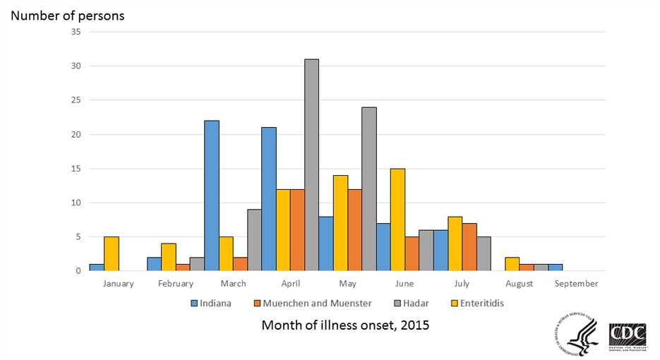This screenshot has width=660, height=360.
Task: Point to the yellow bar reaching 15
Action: point(397,220)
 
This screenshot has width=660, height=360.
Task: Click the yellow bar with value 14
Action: point(340,223)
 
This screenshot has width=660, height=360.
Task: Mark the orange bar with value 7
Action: point(469,247)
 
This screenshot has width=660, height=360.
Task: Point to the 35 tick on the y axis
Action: point(76,32)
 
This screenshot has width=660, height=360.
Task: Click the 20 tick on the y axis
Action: point(76,134)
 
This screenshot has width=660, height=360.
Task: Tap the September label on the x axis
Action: point(576,284)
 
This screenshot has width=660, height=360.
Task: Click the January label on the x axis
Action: point(118,284)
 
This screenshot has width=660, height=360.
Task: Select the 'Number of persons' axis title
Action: point(67,15)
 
